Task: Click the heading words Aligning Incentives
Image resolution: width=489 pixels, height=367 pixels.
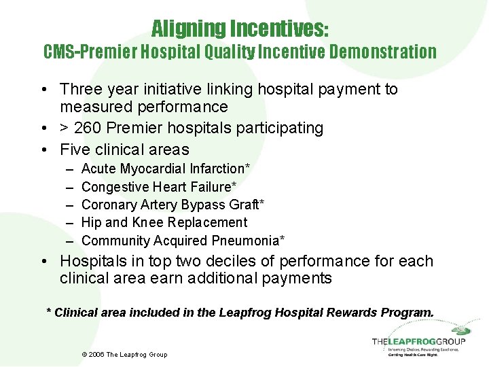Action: tap(240, 29)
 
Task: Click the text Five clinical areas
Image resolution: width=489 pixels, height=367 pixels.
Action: tap(124, 150)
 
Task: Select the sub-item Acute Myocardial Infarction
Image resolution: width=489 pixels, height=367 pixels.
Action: tap(165, 169)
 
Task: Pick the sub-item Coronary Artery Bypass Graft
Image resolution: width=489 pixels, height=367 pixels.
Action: tap(173, 205)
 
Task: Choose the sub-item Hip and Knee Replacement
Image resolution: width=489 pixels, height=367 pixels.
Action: tap(164, 222)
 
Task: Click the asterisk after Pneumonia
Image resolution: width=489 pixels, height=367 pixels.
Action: tap(282, 239)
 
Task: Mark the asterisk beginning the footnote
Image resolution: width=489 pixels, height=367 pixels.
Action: tap(48, 312)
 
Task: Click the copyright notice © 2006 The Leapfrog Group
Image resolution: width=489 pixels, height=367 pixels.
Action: tap(124, 355)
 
